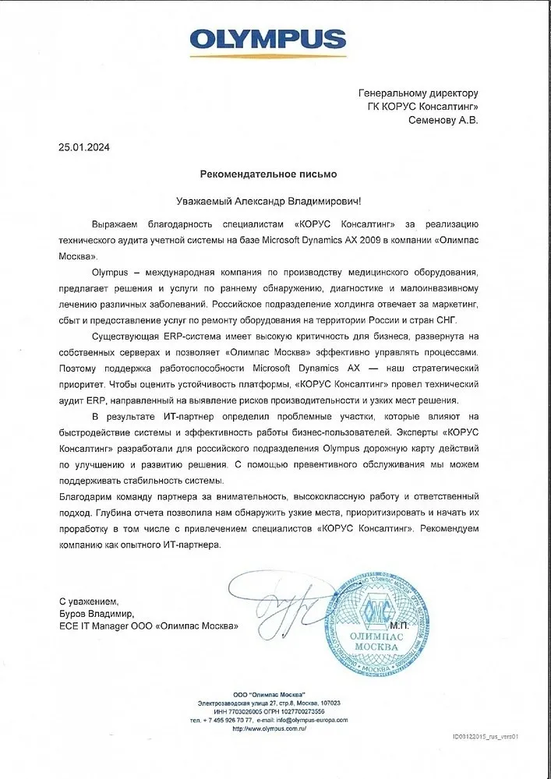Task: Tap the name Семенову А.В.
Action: click(x=443, y=120)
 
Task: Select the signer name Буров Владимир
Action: click(x=97, y=614)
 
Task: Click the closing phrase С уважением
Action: click(x=88, y=601)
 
